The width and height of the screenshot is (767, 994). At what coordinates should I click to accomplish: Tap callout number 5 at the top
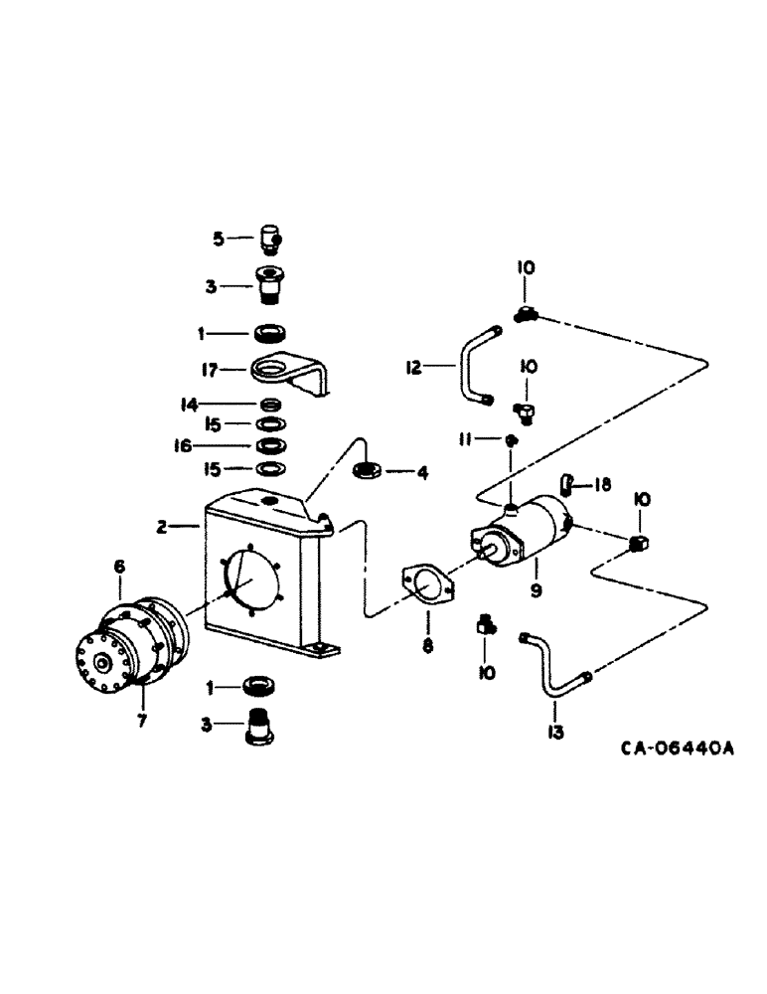coord(219,238)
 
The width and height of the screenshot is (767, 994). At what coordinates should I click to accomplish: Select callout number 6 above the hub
coord(119,567)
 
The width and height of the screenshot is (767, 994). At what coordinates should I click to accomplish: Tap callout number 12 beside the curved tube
coord(413,368)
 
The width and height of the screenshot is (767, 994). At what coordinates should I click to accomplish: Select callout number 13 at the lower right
coord(554,733)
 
